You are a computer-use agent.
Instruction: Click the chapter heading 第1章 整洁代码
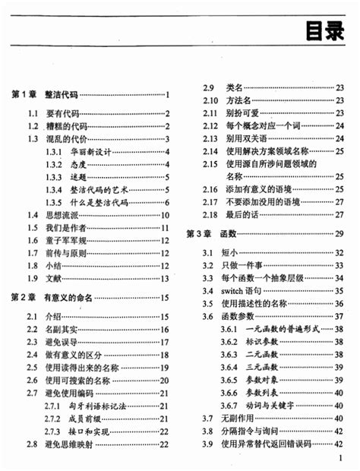pyautogui.click(x=45, y=95)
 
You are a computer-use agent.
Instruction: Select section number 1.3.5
pyautogui.click(x=53, y=203)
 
